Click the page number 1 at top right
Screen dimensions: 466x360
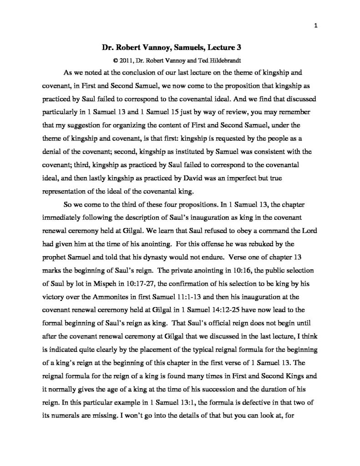[315, 25]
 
